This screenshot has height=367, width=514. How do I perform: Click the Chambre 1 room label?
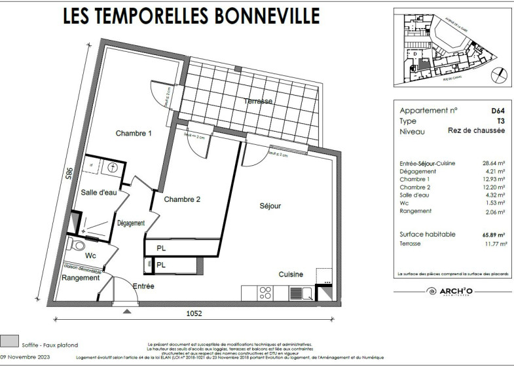(x=134, y=134)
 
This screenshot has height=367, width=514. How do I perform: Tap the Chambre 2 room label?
(x=182, y=199)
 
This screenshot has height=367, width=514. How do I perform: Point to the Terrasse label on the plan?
(x=258, y=101)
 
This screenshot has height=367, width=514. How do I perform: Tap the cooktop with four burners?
(x=266, y=293)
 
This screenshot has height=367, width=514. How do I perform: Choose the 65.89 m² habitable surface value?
(x=494, y=234)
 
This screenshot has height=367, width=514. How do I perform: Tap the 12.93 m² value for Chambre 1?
(x=494, y=179)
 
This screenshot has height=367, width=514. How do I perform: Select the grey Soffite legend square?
(x=10, y=339)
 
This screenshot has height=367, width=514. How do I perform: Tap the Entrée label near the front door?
(x=143, y=286)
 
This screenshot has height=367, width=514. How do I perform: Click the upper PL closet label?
(x=161, y=248)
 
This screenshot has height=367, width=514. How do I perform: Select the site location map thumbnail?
(x=449, y=47)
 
